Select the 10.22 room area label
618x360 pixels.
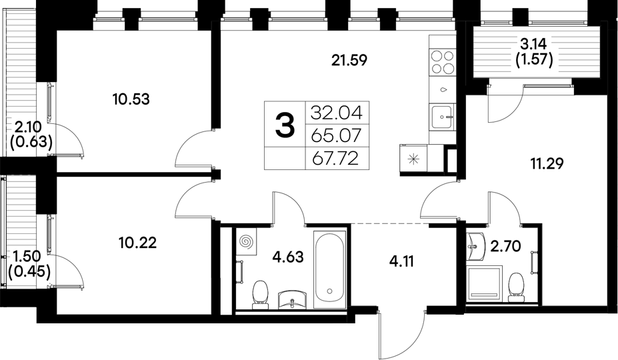click(139, 243)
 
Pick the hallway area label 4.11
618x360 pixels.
click(401, 261)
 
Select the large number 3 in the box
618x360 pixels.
click(285, 125)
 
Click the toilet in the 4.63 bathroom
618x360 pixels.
click(260, 294)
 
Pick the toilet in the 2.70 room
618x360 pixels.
click(515, 285)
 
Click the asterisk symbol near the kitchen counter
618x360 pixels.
click(413, 159)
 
